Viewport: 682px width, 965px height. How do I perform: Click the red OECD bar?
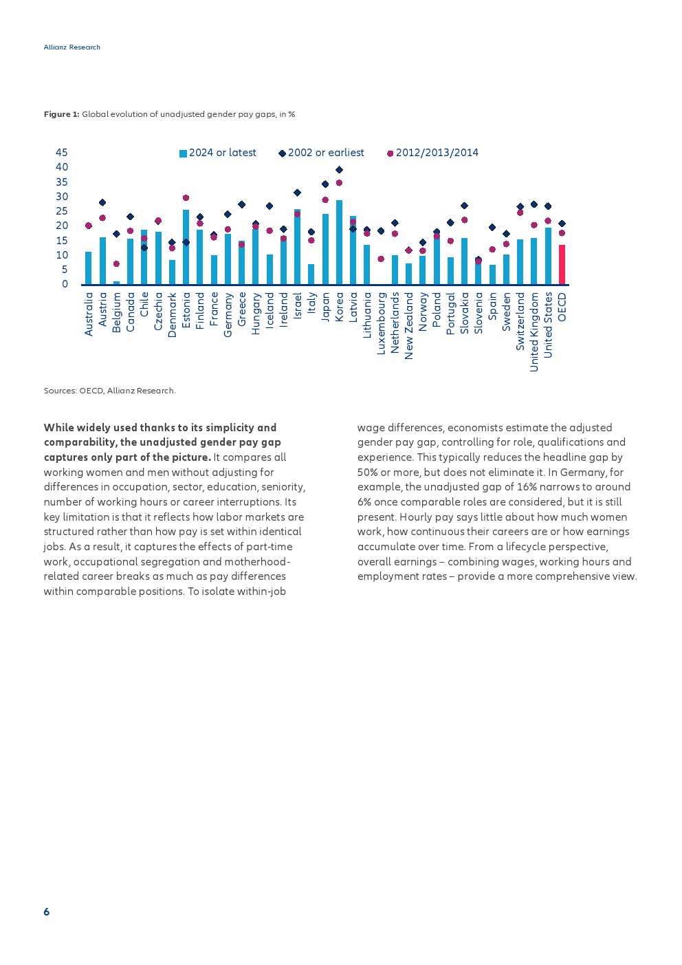(x=562, y=265)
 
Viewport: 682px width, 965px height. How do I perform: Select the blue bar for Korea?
(x=339, y=242)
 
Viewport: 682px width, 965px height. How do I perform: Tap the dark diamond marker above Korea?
(x=339, y=170)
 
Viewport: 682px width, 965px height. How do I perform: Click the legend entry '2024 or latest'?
(x=218, y=153)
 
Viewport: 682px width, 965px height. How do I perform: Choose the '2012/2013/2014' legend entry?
(x=432, y=153)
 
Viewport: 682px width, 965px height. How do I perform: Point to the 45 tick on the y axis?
(x=62, y=153)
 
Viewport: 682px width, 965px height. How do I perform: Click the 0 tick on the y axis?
(x=65, y=284)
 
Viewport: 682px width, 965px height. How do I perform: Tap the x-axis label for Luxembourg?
(x=381, y=323)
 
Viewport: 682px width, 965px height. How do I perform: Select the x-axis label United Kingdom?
(x=534, y=332)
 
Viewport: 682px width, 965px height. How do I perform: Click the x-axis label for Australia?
(x=89, y=314)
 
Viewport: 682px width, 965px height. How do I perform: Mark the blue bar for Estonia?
(x=186, y=247)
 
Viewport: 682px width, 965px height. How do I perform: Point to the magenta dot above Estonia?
(x=186, y=198)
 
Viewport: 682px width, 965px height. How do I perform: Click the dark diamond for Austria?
(x=102, y=203)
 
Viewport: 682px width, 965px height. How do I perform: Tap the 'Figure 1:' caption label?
(x=61, y=114)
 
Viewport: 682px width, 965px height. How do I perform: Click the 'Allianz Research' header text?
(x=72, y=47)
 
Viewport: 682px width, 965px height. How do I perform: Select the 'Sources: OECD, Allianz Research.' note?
(x=110, y=391)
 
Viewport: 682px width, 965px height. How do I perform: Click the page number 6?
(x=47, y=912)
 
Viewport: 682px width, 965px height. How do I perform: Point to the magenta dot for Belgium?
(x=116, y=264)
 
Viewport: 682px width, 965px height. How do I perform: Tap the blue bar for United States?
(x=548, y=256)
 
